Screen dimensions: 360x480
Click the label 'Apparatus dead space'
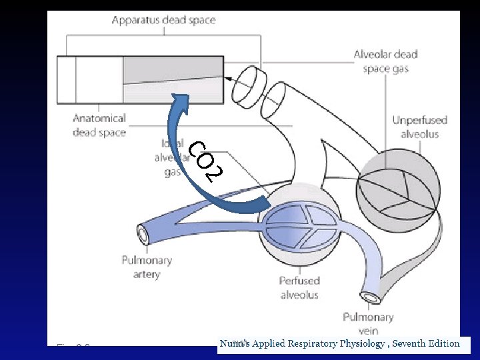[163, 20]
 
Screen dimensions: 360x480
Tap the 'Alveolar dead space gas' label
[386, 61]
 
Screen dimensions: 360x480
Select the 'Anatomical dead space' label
[99, 125]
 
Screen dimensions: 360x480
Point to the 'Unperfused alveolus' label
[419, 127]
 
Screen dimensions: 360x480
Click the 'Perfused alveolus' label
[299, 287]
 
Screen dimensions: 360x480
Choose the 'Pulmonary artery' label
[147, 267]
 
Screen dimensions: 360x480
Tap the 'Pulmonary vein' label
[368, 323]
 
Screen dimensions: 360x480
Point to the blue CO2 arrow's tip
[178, 100]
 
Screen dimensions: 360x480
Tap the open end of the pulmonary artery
[143, 235]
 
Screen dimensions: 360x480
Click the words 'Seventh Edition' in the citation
[426, 344]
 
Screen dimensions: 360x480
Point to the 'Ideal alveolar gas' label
[167, 157]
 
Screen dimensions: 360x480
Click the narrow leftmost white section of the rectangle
[67, 79]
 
